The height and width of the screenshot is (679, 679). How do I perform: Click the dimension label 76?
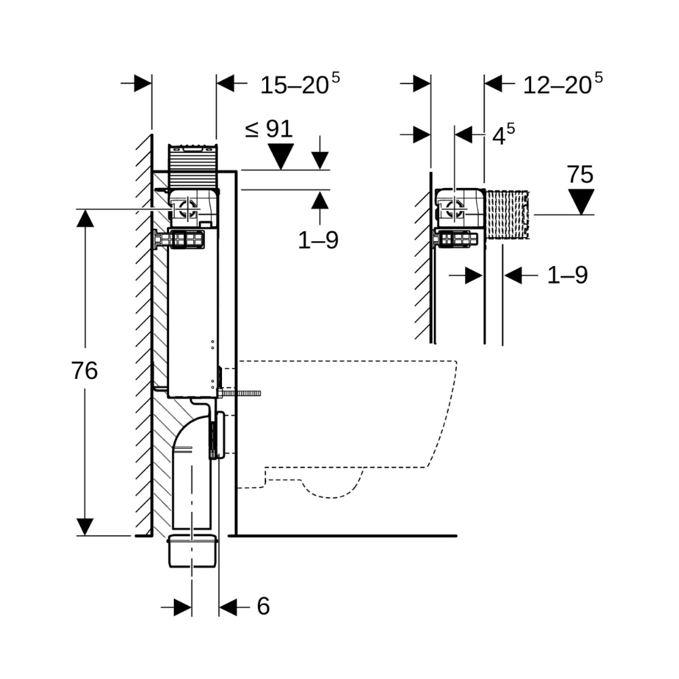84,371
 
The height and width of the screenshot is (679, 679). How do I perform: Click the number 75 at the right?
581,175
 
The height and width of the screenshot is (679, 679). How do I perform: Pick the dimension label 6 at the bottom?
263,606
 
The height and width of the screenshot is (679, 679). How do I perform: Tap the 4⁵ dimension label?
503,135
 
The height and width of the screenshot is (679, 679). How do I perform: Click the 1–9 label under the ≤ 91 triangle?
318,240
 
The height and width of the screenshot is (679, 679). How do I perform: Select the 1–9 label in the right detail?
567,275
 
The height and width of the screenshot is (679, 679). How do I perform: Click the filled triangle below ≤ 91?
280,157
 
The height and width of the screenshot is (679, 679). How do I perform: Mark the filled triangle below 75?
581,201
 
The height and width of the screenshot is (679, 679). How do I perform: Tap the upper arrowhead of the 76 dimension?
85,219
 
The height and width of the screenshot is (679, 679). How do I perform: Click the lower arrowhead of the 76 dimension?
85,526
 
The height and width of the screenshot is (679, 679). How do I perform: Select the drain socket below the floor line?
192,551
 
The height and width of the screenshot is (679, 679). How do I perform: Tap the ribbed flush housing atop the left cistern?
192,166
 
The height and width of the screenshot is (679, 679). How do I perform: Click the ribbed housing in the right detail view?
507,214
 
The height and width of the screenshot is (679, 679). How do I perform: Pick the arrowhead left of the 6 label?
181,607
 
